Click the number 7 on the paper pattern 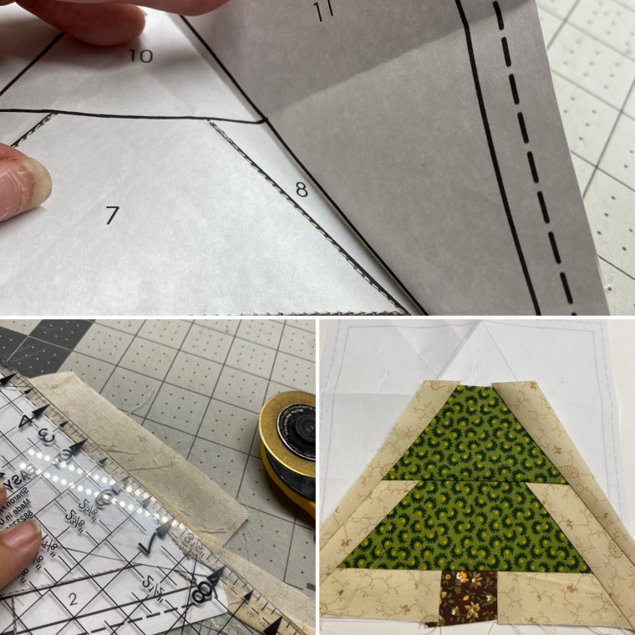click(x=113, y=215)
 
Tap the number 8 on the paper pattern click(x=302, y=190)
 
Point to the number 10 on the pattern click(x=142, y=56)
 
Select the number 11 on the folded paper click(x=326, y=12)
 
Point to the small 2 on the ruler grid click(x=73, y=598)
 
